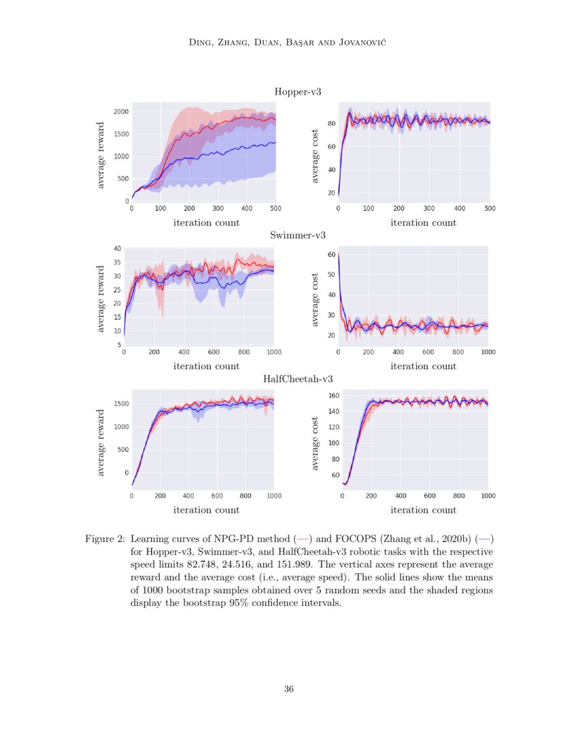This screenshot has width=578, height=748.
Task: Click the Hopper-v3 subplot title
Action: [297, 92]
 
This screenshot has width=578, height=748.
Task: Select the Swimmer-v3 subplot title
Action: [298, 235]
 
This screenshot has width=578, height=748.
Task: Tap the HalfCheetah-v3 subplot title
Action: [298, 379]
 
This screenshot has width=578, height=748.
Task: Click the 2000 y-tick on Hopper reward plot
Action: [121, 112]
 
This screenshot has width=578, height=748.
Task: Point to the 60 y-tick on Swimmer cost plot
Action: [331, 255]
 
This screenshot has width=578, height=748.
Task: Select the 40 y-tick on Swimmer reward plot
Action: [117, 249]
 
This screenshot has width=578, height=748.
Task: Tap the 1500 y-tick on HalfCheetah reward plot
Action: [121, 404]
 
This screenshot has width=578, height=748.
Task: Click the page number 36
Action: [289, 689]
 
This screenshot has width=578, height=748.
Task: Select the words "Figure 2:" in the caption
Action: [104, 539]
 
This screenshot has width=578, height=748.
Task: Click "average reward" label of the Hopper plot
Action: [101, 155]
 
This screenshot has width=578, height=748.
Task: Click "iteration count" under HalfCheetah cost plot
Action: [423, 509]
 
